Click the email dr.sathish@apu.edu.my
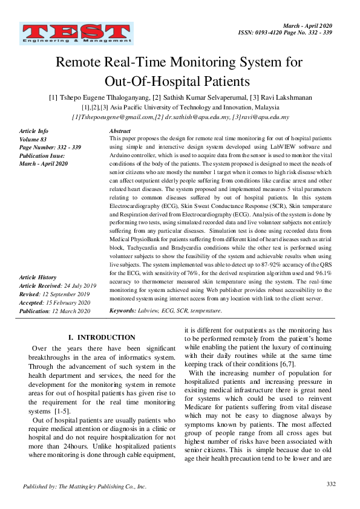pyautogui.click(x=196, y=117)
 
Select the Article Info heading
pyautogui.click(x=34, y=131)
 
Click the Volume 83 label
pyautogui.click(x=33, y=140)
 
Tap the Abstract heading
pyautogui.click(x=120, y=131)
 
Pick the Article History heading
pyautogui.click(x=38, y=277)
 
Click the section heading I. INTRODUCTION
pyautogui.click(x=102, y=337)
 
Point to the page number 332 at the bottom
pyautogui.click(x=330, y=484)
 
